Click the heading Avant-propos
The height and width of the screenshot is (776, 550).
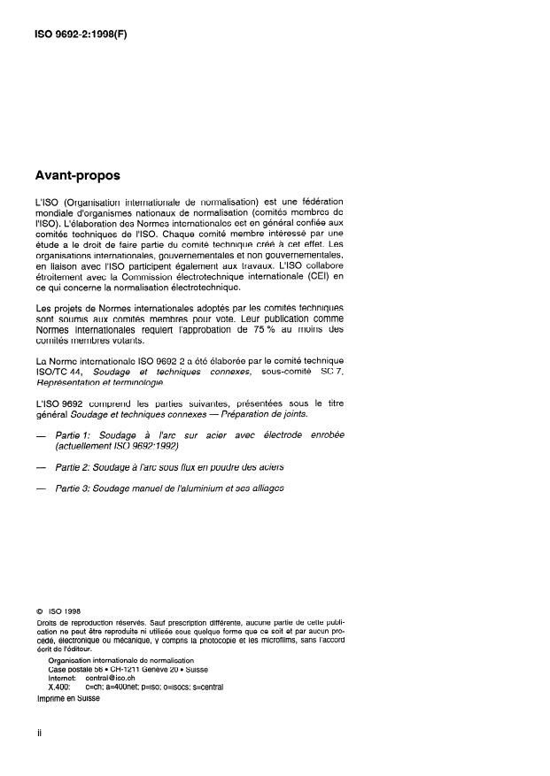click(77, 175)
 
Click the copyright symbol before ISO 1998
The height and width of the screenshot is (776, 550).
click(40, 611)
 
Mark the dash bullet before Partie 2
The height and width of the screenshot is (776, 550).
click(41, 466)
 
